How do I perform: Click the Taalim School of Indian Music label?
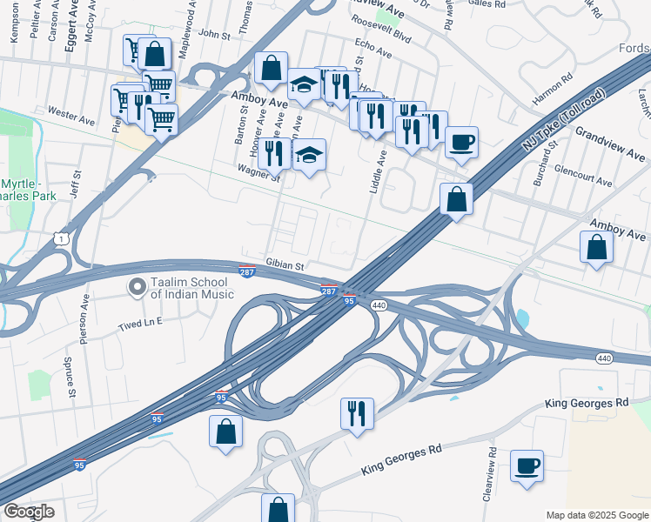point(191,288)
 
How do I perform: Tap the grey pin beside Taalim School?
point(137,287)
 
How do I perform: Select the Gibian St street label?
point(285,265)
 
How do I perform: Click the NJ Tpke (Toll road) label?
point(564,121)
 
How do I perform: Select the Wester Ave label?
point(70,113)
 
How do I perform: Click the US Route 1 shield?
point(60,238)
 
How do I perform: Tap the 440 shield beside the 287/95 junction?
point(379,305)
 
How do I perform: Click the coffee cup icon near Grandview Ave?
point(461,141)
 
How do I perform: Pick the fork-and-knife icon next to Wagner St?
point(274,153)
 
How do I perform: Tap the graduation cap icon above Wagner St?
point(309,156)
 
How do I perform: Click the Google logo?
point(29,512)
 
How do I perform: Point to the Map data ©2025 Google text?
point(596,515)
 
